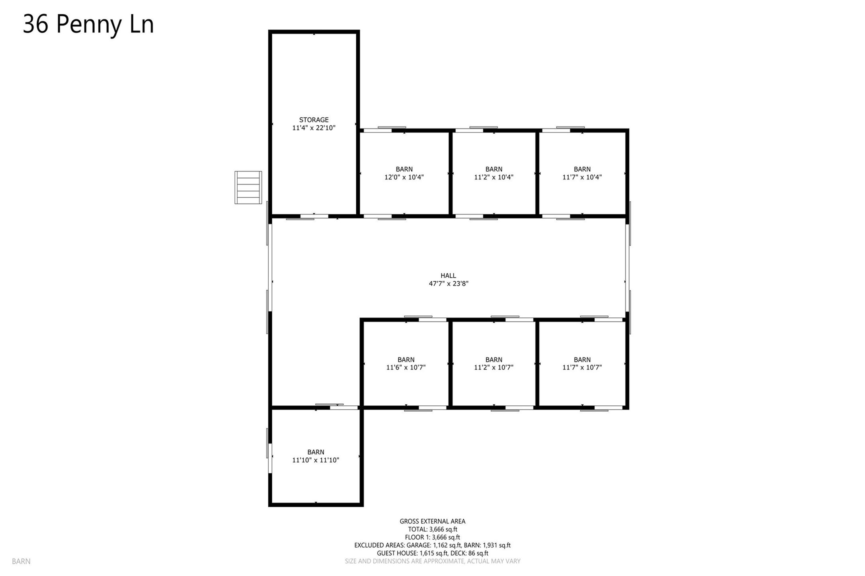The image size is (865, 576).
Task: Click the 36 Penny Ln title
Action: click(x=88, y=24)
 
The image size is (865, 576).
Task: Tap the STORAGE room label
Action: click(x=314, y=120)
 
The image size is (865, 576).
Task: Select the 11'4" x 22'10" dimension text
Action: click(x=314, y=128)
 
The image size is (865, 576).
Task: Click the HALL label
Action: click(x=448, y=275)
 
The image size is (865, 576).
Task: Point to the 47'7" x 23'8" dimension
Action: click(x=448, y=284)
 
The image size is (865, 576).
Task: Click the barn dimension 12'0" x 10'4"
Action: click(x=404, y=177)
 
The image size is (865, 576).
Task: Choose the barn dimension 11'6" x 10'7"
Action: click(x=406, y=368)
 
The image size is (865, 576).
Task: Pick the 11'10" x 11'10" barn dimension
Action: click(x=316, y=460)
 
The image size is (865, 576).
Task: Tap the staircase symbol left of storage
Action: click(x=248, y=187)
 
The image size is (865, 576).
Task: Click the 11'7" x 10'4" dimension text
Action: click(x=582, y=177)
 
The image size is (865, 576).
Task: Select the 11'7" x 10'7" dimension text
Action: click(x=582, y=368)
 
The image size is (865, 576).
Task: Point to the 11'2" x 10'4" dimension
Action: click(x=494, y=177)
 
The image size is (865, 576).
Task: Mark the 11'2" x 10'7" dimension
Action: click(x=494, y=368)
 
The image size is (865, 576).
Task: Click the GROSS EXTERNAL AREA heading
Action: click(x=432, y=521)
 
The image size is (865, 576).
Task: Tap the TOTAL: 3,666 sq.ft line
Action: click(x=432, y=529)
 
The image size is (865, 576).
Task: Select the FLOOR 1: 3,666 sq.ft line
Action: click(x=432, y=537)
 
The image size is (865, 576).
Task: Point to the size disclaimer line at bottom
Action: click(x=432, y=561)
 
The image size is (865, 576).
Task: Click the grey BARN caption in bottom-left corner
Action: click(x=21, y=561)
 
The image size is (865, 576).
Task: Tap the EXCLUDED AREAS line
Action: click(x=432, y=545)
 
